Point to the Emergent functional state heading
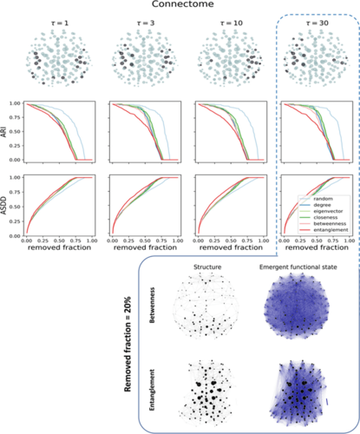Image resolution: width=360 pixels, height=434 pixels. point(299,266)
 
